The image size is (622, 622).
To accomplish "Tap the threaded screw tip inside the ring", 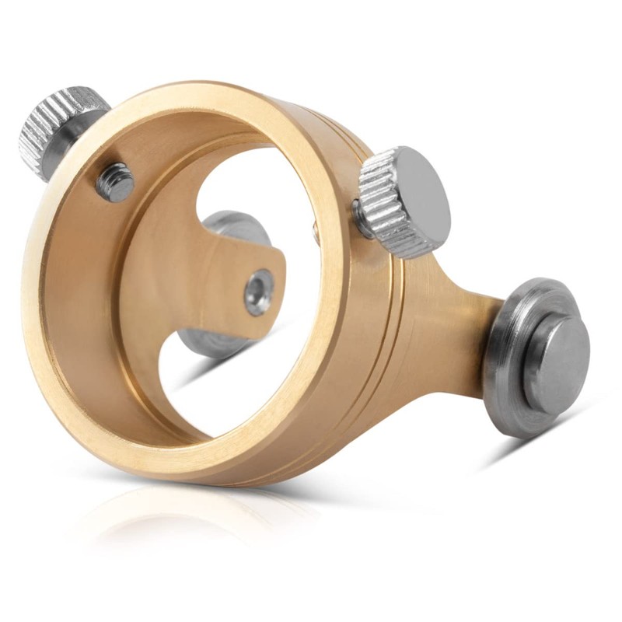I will [116, 180].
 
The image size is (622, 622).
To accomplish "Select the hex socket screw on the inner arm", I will [258, 292].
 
